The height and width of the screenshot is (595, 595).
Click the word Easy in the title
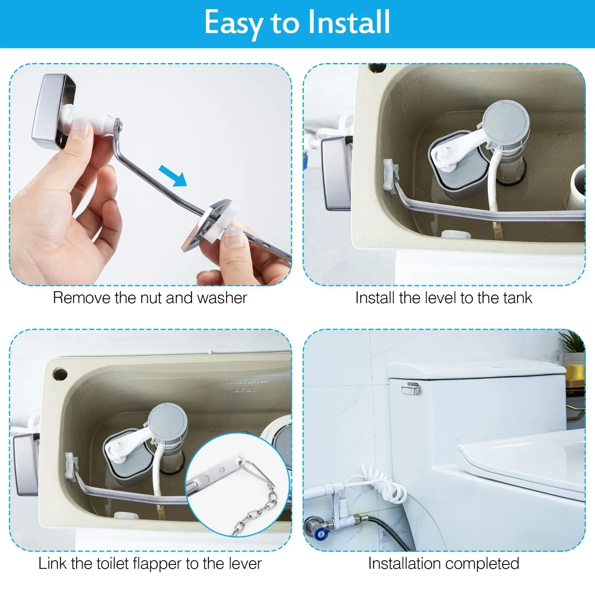coord(233,23)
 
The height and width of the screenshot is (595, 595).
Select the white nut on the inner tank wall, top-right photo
coord(389,170)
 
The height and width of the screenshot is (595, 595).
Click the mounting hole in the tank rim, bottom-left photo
coord(60,374)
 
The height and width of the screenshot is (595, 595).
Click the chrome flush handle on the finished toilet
coord(410,388)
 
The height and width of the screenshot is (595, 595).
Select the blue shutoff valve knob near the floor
coord(320,534)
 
